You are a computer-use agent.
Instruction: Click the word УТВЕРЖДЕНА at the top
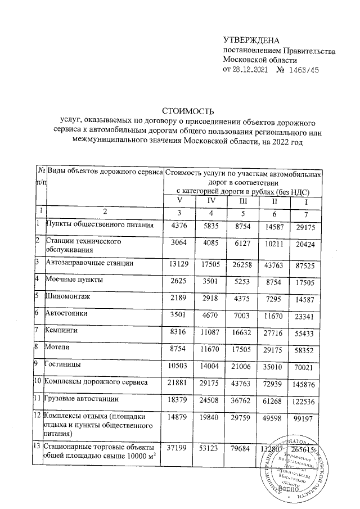[251, 40]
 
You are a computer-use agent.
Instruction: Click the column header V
[180, 201]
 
